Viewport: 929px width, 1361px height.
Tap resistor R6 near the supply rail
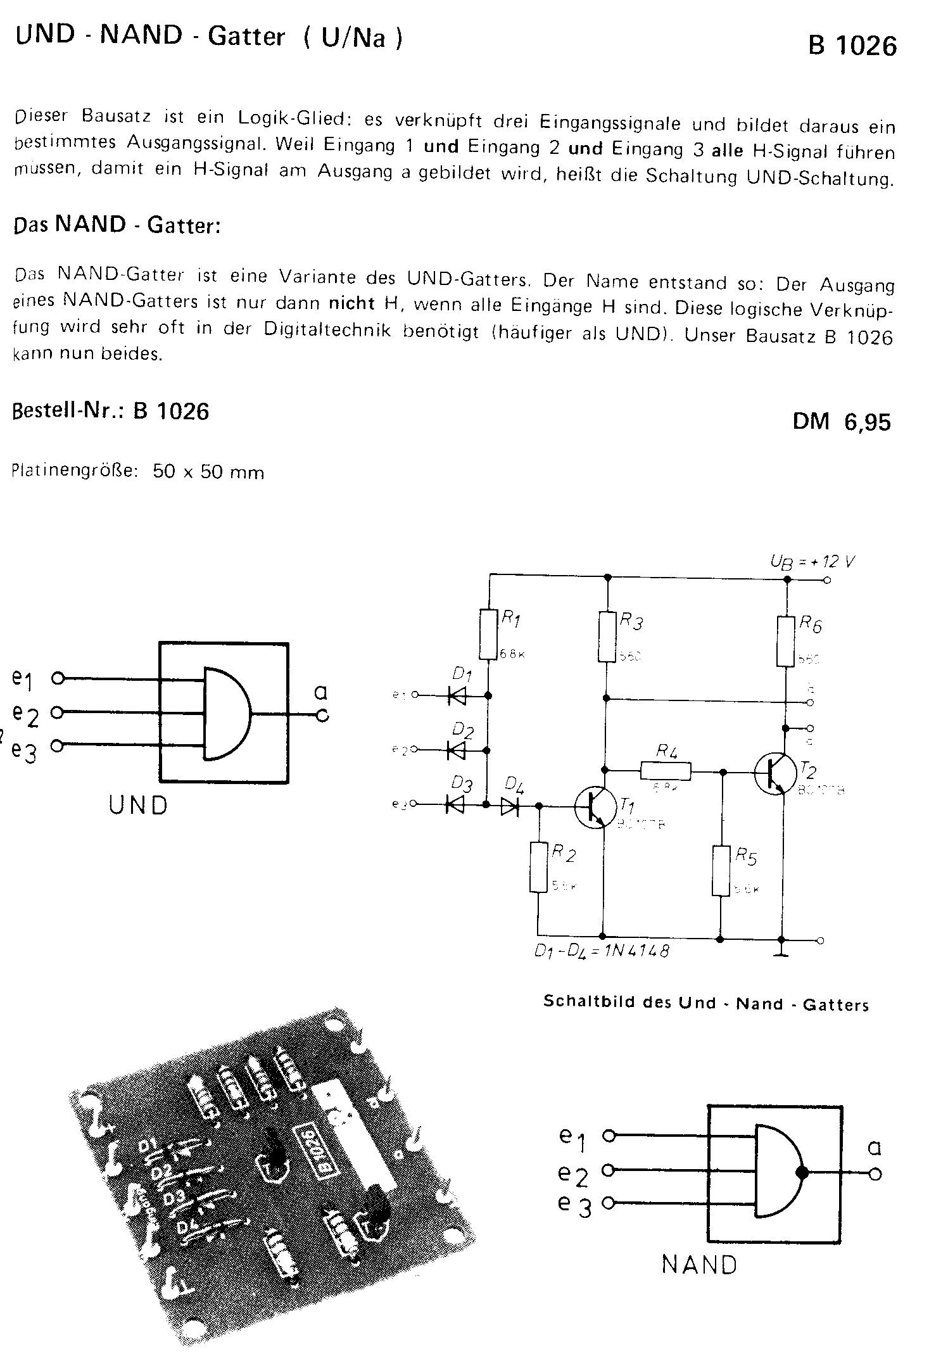(x=786, y=642)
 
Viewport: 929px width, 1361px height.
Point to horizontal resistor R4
(x=666, y=771)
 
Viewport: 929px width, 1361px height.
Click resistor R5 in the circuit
(x=721, y=871)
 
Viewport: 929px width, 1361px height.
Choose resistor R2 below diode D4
(x=538, y=867)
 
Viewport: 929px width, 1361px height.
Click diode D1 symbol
(x=457, y=696)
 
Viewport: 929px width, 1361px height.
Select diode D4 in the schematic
(x=510, y=806)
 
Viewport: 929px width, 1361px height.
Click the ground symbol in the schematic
(x=782, y=953)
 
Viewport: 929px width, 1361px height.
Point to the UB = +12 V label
(x=812, y=562)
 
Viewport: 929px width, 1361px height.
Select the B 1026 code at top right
(x=852, y=46)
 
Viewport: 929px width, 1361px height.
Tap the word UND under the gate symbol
(x=138, y=805)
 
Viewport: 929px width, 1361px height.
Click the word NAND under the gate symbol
(x=700, y=1265)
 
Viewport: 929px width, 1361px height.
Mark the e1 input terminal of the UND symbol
(x=58, y=678)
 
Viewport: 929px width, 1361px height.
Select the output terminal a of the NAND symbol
(x=875, y=1175)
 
